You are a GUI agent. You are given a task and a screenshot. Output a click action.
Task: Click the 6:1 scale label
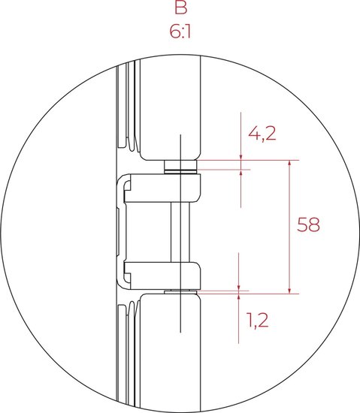[180, 32]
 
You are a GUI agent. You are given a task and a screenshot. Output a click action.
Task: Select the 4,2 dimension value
[262, 134]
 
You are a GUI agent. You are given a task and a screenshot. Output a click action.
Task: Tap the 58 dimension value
[308, 225]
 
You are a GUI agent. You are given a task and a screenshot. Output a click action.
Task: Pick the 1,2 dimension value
[258, 321]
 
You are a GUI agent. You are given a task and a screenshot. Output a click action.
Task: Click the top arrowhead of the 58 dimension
[289, 163]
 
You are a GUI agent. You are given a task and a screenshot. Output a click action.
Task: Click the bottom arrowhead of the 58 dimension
[289, 291]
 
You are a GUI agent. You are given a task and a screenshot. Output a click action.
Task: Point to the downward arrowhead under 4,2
[241, 157]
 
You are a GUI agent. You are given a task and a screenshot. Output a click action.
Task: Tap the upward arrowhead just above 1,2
[239, 297]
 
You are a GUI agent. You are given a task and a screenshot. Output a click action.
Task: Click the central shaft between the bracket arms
[180, 232]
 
